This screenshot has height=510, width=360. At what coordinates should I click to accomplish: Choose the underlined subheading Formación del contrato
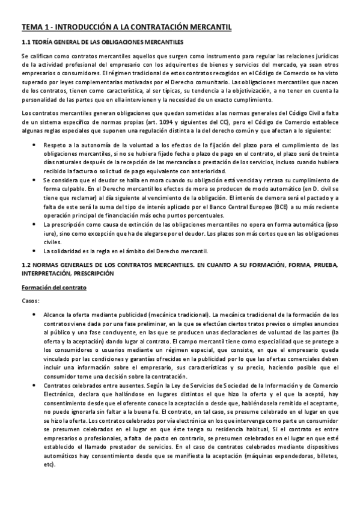pos(54,288)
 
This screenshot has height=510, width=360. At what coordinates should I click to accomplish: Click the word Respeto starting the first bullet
pos(54,144)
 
